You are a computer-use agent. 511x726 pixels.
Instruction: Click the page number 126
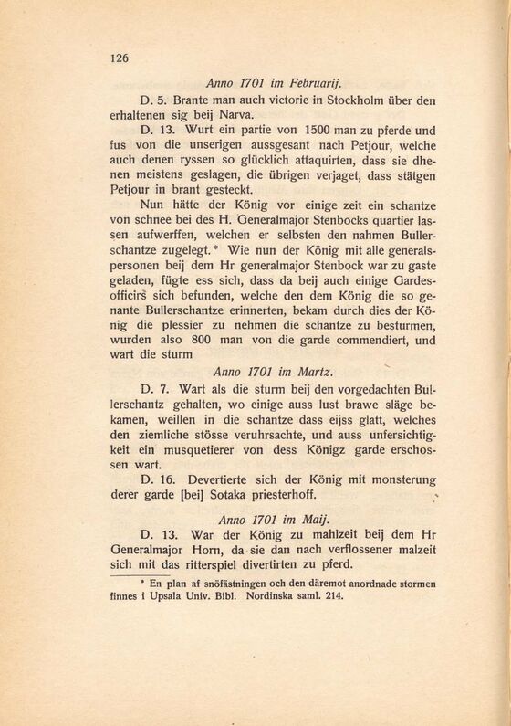pyautogui.click(x=120, y=58)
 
